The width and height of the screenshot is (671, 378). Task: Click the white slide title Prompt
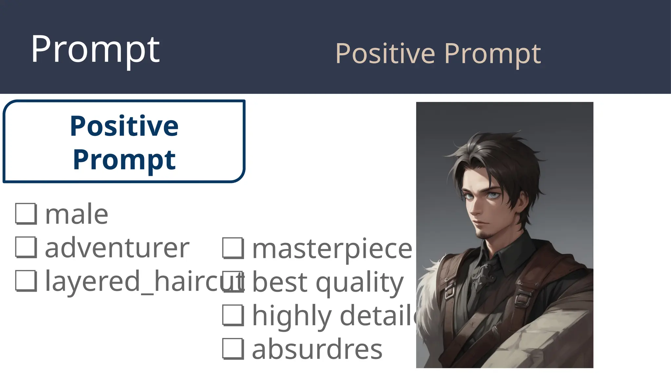(x=95, y=50)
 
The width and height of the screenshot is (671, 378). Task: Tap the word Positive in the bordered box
(x=124, y=126)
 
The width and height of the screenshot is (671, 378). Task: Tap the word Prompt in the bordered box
(x=124, y=160)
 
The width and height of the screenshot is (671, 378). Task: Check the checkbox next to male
(x=26, y=214)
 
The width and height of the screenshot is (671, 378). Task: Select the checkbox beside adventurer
(x=26, y=247)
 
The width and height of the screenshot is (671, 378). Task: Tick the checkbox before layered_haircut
(x=26, y=281)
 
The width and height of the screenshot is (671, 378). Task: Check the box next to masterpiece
(x=233, y=248)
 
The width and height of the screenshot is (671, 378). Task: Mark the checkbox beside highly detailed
(x=233, y=315)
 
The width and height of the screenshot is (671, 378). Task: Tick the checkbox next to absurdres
(x=233, y=349)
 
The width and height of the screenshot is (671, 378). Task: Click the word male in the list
(x=77, y=215)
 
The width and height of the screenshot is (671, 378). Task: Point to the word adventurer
(x=117, y=248)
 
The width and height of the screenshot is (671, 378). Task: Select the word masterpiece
(x=332, y=249)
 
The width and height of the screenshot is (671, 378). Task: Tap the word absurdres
(x=317, y=350)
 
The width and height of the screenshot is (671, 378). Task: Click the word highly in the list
(x=292, y=316)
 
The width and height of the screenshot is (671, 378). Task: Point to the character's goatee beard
(x=482, y=234)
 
